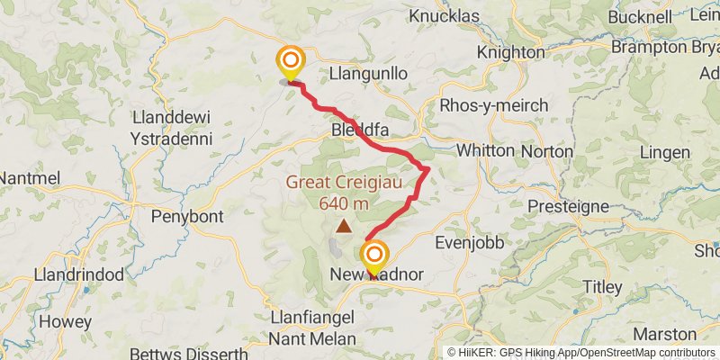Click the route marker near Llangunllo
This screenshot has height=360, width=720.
(x=291, y=63)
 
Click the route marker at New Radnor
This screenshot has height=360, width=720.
(x=373, y=256)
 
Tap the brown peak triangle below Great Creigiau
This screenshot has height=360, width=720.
(x=344, y=227)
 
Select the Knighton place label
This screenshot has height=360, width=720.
(x=510, y=53)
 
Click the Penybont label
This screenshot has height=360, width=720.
(x=184, y=217)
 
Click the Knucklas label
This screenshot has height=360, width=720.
(x=447, y=16)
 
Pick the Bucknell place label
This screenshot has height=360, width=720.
(x=640, y=16)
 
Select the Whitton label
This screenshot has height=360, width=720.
(x=486, y=150)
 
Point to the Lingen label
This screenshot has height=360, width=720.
(x=665, y=152)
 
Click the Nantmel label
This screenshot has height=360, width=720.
(x=29, y=178)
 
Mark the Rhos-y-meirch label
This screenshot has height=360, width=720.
(x=493, y=105)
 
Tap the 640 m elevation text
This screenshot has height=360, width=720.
(x=344, y=203)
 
